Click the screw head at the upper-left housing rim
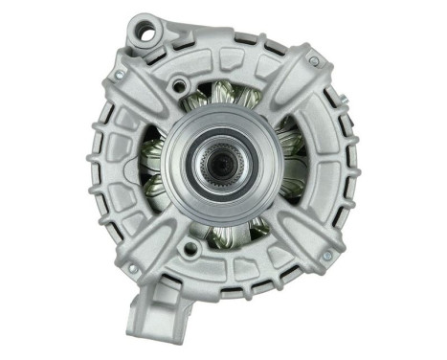(119, 74)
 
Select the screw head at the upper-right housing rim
(313, 61)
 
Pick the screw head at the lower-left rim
(133, 269)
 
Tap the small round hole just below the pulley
(192, 251)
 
